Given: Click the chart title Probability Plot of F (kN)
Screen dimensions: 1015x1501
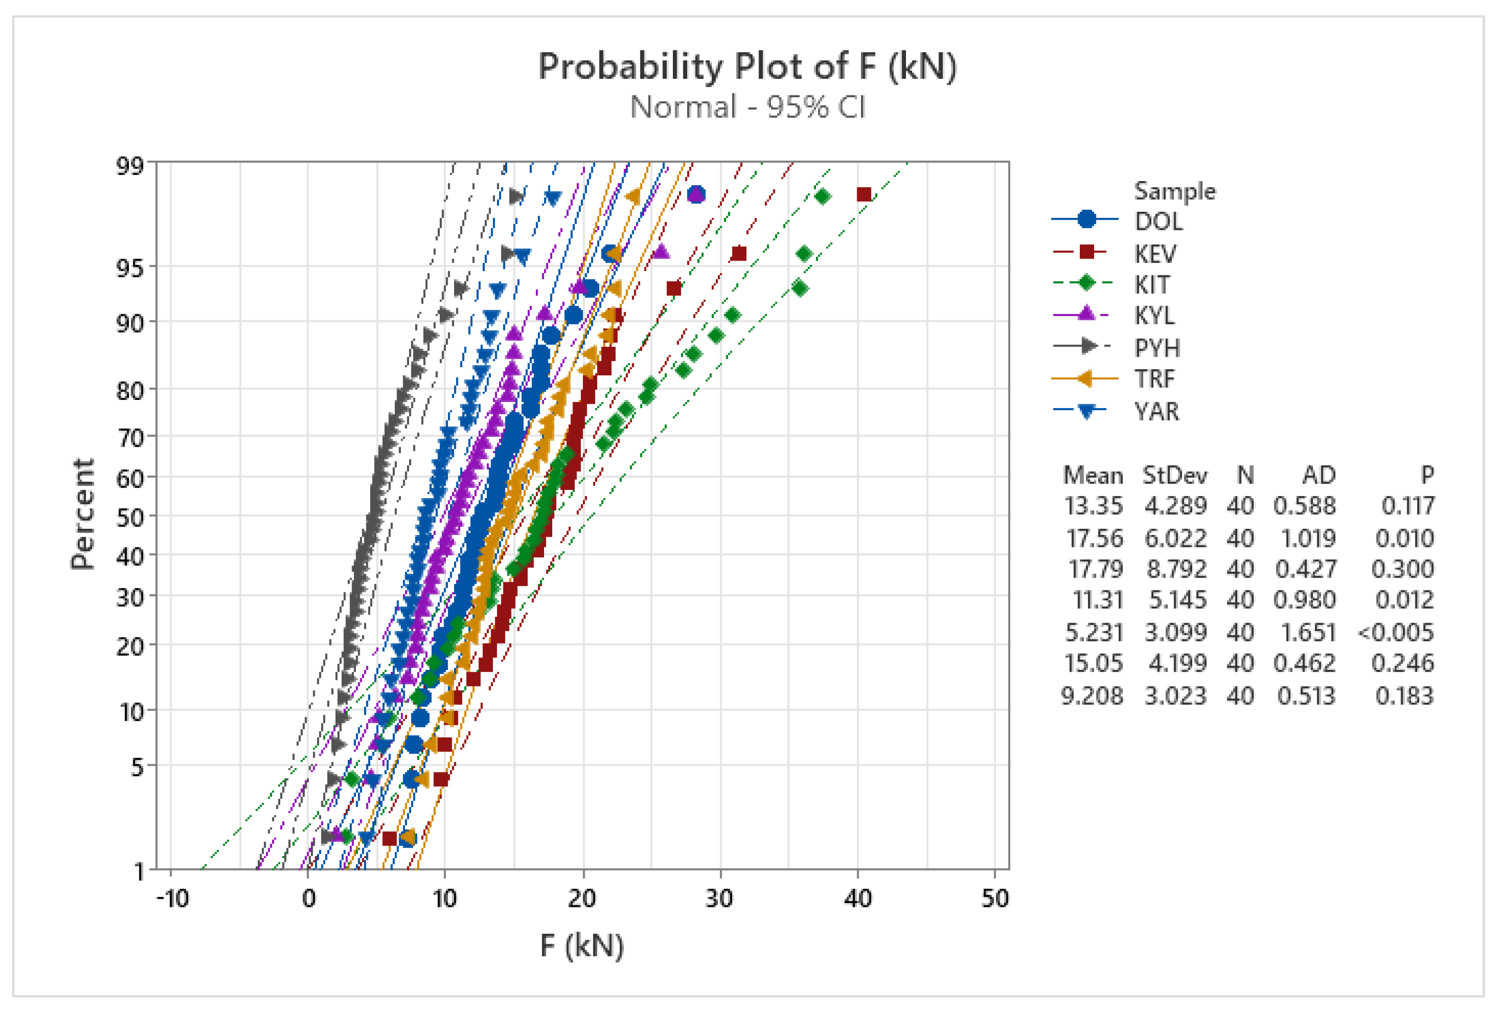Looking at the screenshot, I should point(747,66).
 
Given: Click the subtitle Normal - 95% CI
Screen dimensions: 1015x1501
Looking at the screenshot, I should point(747,107).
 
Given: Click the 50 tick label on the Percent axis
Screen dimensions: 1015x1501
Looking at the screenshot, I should point(130,517).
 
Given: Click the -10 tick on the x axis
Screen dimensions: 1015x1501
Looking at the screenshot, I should point(172,898).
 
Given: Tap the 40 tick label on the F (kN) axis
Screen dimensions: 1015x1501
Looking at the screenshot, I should point(857,898).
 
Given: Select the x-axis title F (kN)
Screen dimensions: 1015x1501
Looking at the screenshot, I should point(582,946).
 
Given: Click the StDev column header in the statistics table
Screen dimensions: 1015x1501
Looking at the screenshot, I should point(1174,476).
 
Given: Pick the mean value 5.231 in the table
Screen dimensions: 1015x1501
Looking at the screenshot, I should point(1094,632).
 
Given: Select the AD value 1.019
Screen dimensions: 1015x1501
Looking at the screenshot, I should point(1304,538).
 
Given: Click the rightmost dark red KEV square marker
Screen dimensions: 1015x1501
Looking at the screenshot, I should point(864,194).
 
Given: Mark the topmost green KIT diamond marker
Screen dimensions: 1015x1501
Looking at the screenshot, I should point(822,196).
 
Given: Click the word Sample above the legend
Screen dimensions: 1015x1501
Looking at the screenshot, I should point(1175,191).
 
